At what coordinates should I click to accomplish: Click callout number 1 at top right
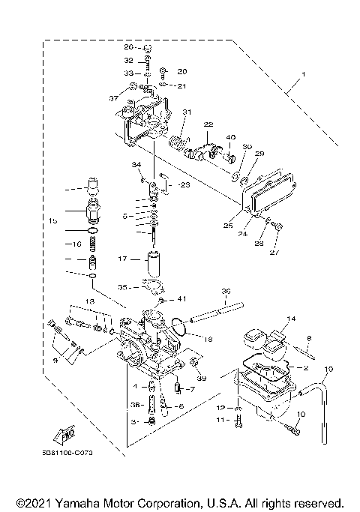click(x=304, y=75)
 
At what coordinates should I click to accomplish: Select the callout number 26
click(x=128, y=47)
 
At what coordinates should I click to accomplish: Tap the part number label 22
click(x=208, y=124)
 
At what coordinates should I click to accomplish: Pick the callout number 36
click(x=226, y=292)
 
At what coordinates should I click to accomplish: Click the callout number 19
click(x=328, y=370)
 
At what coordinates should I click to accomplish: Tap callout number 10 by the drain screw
click(x=301, y=415)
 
